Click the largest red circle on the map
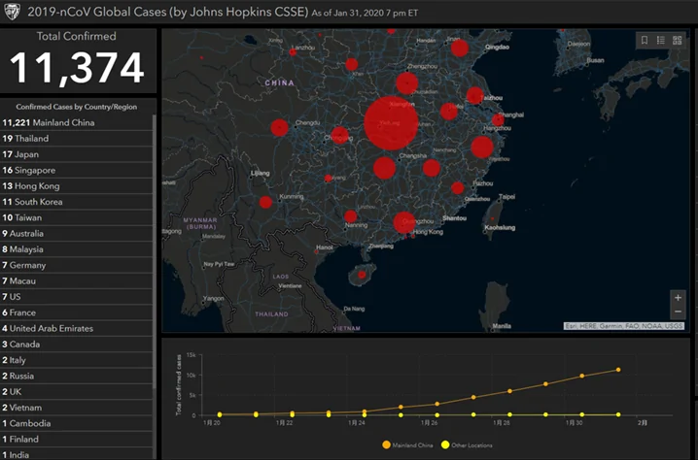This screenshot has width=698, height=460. [x=391, y=123]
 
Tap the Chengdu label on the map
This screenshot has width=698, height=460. [x=307, y=123]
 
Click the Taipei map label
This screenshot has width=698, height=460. [x=506, y=196]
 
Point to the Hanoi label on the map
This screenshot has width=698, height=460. [x=325, y=246]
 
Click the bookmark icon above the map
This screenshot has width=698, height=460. [x=643, y=40]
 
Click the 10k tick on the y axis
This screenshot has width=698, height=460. [x=193, y=375]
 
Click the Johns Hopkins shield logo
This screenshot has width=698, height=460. [x=14, y=13]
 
